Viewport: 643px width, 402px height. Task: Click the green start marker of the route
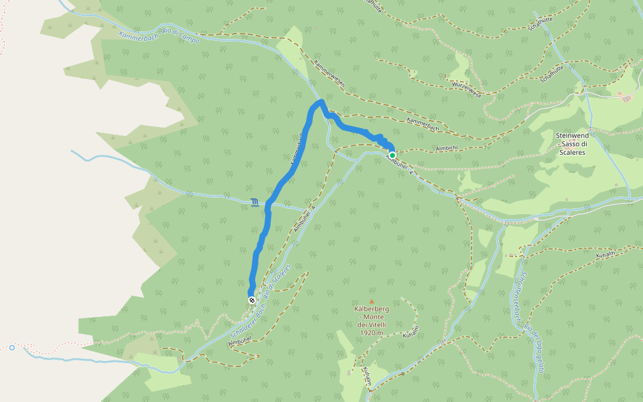pos(392,155)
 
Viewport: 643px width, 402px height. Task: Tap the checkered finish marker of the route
pos(252,300)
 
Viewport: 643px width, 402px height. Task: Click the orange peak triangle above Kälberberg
pos(372,301)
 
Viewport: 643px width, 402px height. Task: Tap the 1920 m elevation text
pos(370,332)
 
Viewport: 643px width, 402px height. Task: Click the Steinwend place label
pos(572,135)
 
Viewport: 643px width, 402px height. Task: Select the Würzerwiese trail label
pos(467,88)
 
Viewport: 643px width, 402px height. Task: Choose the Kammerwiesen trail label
pos(329,74)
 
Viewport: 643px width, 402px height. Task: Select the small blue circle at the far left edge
pos(12,347)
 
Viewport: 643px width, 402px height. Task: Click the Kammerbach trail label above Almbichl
pos(423,123)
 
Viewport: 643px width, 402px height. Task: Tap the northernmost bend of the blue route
pos(321,102)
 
